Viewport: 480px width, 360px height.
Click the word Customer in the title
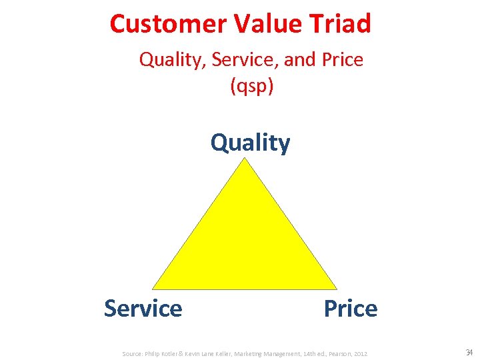169,24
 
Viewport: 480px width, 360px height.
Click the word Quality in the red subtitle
172,60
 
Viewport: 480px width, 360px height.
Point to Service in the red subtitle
245,60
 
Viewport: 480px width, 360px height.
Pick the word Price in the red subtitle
341,60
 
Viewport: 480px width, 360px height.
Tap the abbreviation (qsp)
251,86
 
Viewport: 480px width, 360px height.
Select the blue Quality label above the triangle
250,143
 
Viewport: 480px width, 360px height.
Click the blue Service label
143,309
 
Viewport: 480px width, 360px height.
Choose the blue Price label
350,309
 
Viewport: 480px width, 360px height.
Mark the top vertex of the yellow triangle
246,159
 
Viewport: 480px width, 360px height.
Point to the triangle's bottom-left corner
154,288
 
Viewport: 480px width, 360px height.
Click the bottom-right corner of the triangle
336,288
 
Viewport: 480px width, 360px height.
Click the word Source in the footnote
133,353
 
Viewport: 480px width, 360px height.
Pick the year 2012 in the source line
360,353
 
